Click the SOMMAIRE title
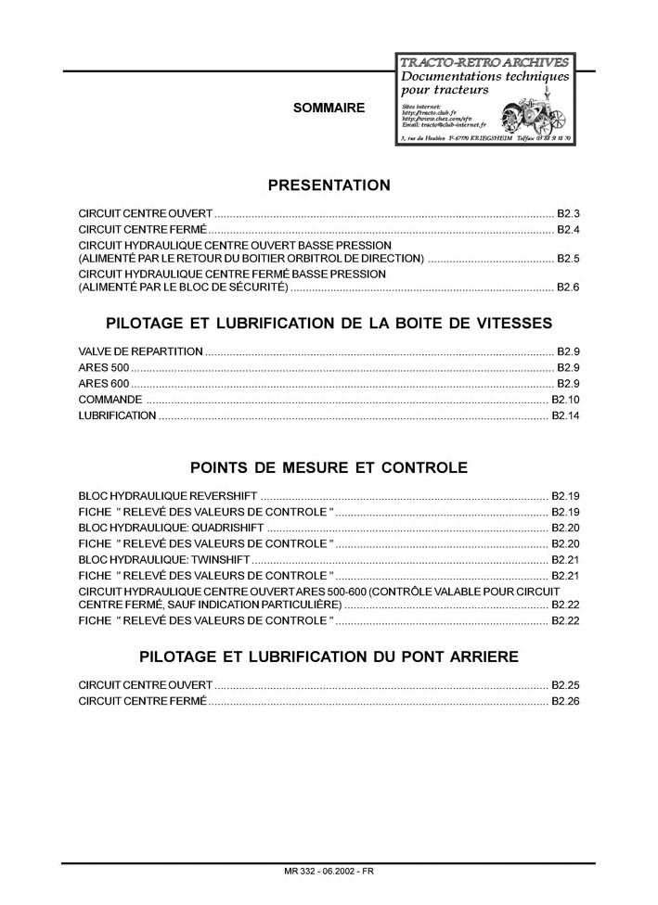pos(329,108)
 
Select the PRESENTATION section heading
pos(329,185)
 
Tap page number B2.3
pos(568,212)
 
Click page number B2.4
pos(568,229)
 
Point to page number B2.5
pos(568,258)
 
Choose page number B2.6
pos(568,287)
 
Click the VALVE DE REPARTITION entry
pos(140,352)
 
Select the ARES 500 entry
pos(104,368)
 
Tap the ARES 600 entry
pos(104,384)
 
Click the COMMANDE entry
pos(110,400)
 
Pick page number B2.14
pos(565,415)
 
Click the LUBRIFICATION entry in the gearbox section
pos(117,415)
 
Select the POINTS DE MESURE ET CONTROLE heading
pos(329,467)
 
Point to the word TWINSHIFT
pos(222,559)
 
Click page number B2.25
pos(565,685)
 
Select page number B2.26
pos(565,701)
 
